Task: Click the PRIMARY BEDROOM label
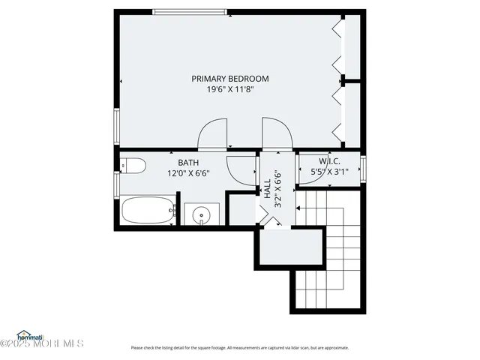[229, 78]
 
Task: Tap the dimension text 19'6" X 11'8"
[229, 90]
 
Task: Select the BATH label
[187, 162]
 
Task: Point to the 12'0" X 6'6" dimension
[187, 173]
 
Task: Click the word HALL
[267, 187]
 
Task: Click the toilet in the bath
[133, 166]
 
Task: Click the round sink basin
[201, 217]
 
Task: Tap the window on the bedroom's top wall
[189, 10]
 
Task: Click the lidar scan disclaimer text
[239, 347]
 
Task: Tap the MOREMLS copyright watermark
[43, 345]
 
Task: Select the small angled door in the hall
[266, 218]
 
